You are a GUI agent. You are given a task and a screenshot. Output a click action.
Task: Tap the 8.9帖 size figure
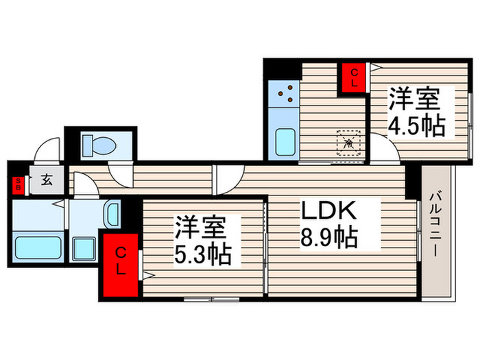tap(328, 238)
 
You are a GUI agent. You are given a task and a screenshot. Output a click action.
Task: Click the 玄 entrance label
tap(47, 181)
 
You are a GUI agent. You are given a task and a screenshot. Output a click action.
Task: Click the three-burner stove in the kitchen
tap(285, 93)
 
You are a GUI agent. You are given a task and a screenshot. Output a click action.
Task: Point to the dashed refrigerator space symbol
tap(348, 143)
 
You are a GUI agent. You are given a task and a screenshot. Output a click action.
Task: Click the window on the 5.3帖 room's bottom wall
tap(211, 299)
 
